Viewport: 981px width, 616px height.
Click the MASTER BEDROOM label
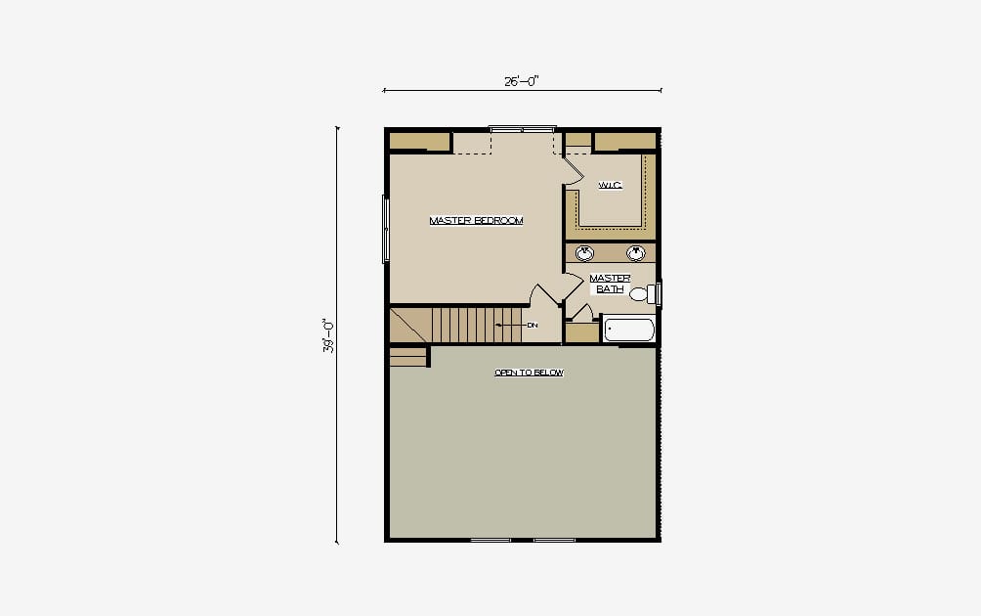[x=476, y=220]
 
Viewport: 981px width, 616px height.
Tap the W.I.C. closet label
[x=610, y=185]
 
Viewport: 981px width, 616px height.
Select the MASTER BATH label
[x=610, y=283]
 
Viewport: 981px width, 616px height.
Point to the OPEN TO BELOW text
[x=530, y=373]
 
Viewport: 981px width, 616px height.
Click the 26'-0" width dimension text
[x=522, y=81]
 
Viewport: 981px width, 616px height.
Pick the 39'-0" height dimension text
[x=328, y=335]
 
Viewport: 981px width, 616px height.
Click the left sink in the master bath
[x=585, y=253]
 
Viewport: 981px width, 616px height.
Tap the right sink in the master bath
[x=636, y=253]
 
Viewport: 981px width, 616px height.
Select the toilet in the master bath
[x=643, y=293]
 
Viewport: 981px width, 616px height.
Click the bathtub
[x=629, y=330]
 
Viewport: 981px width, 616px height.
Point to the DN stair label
[x=533, y=326]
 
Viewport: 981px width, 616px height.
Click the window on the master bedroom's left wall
[x=385, y=229]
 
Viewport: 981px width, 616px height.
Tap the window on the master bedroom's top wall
[x=523, y=129]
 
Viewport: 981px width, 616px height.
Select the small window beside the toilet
[x=659, y=293]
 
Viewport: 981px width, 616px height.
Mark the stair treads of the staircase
[x=477, y=325]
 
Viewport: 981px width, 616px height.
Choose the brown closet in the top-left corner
[x=420, y=142]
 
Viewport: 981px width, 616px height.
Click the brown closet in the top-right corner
[x=624, y=142]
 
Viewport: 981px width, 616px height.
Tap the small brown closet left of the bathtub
[x=581, y=333]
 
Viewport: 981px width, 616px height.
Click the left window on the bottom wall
[x=490, y=540]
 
